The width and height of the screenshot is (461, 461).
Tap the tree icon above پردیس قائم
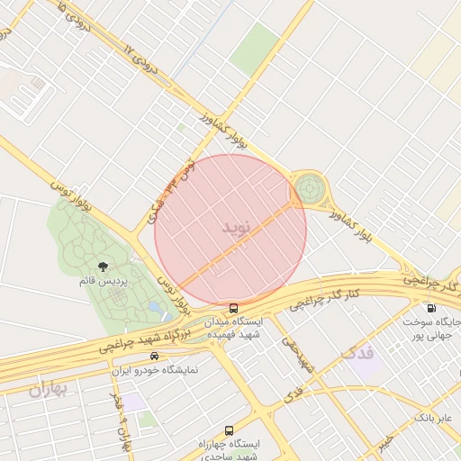point(104,267)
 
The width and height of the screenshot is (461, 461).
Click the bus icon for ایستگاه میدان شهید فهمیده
point(234,308)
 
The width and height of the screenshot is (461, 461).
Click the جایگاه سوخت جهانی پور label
point(431,328)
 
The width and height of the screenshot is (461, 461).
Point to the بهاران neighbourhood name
point(48,390)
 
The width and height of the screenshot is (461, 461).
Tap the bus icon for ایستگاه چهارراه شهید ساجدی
point(229,430)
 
